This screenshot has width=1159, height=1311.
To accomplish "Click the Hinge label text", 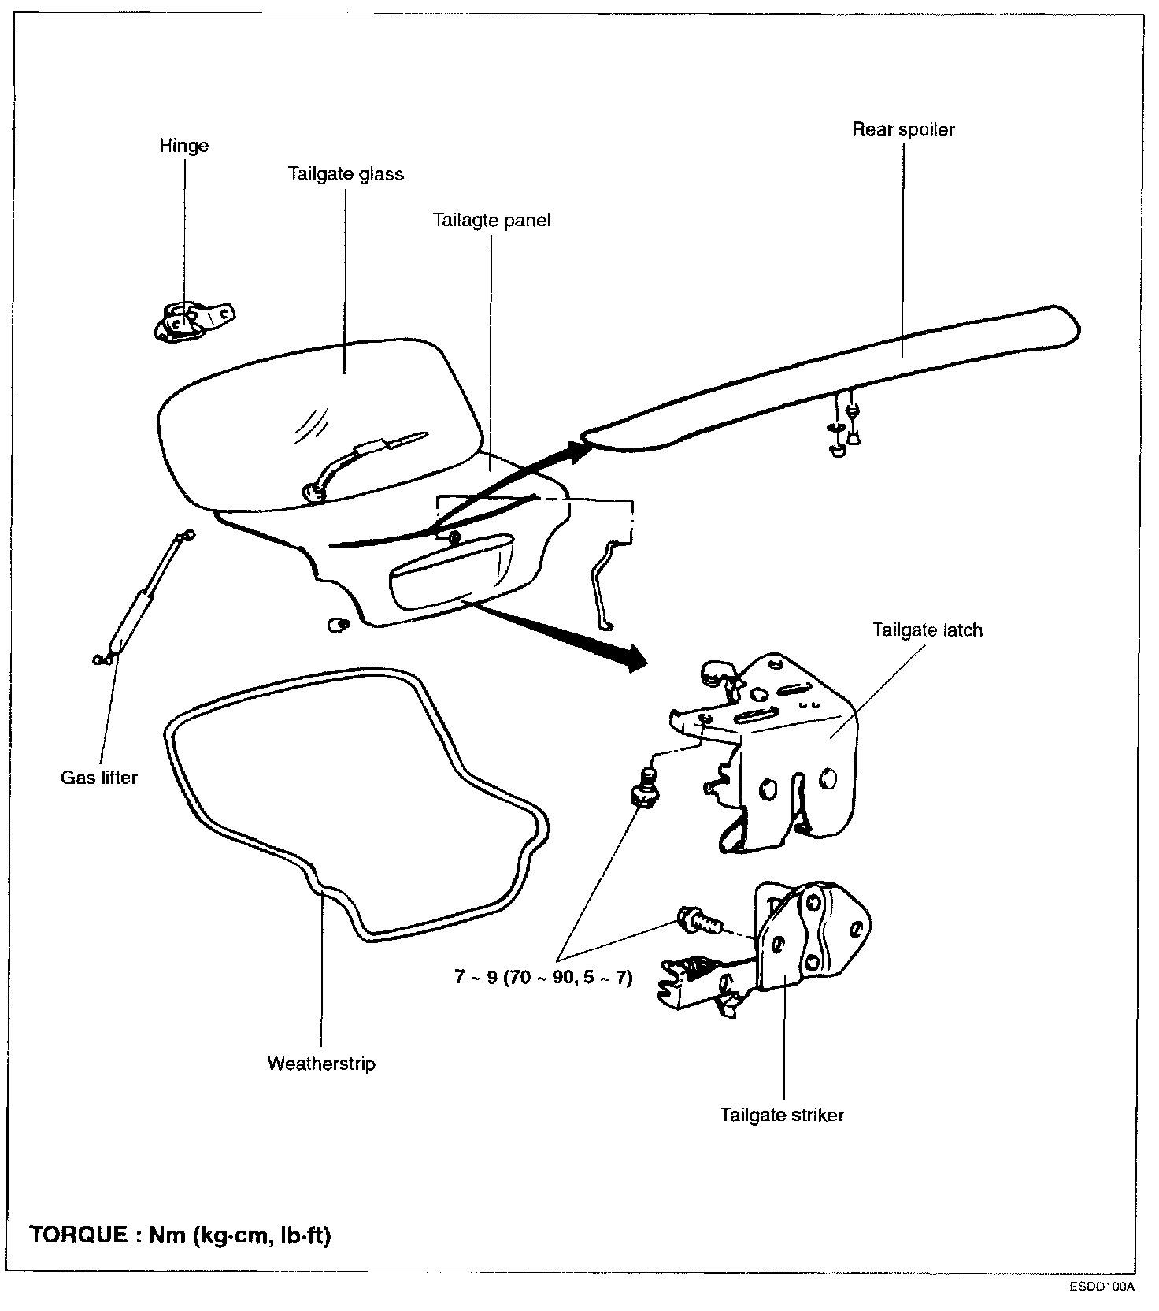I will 183,146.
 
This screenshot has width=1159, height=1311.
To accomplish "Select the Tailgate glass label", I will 346,174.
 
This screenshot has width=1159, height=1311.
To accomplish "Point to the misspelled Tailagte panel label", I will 491,220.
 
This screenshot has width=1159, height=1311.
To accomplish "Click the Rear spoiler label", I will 903,130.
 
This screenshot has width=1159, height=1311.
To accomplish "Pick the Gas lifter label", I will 99,778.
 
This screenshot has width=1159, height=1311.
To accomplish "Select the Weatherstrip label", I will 321,1064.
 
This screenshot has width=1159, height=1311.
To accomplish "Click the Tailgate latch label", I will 928,630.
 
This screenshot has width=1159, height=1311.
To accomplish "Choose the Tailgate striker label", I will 782,1115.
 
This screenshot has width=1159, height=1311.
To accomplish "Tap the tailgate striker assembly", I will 779,945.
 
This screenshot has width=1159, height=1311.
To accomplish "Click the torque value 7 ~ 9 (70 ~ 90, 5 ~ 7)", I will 543,978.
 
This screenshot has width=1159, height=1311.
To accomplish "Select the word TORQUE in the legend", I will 78,1235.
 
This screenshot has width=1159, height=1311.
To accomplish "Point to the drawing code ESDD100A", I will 1102,1287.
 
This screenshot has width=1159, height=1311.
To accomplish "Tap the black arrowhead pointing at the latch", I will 634,655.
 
